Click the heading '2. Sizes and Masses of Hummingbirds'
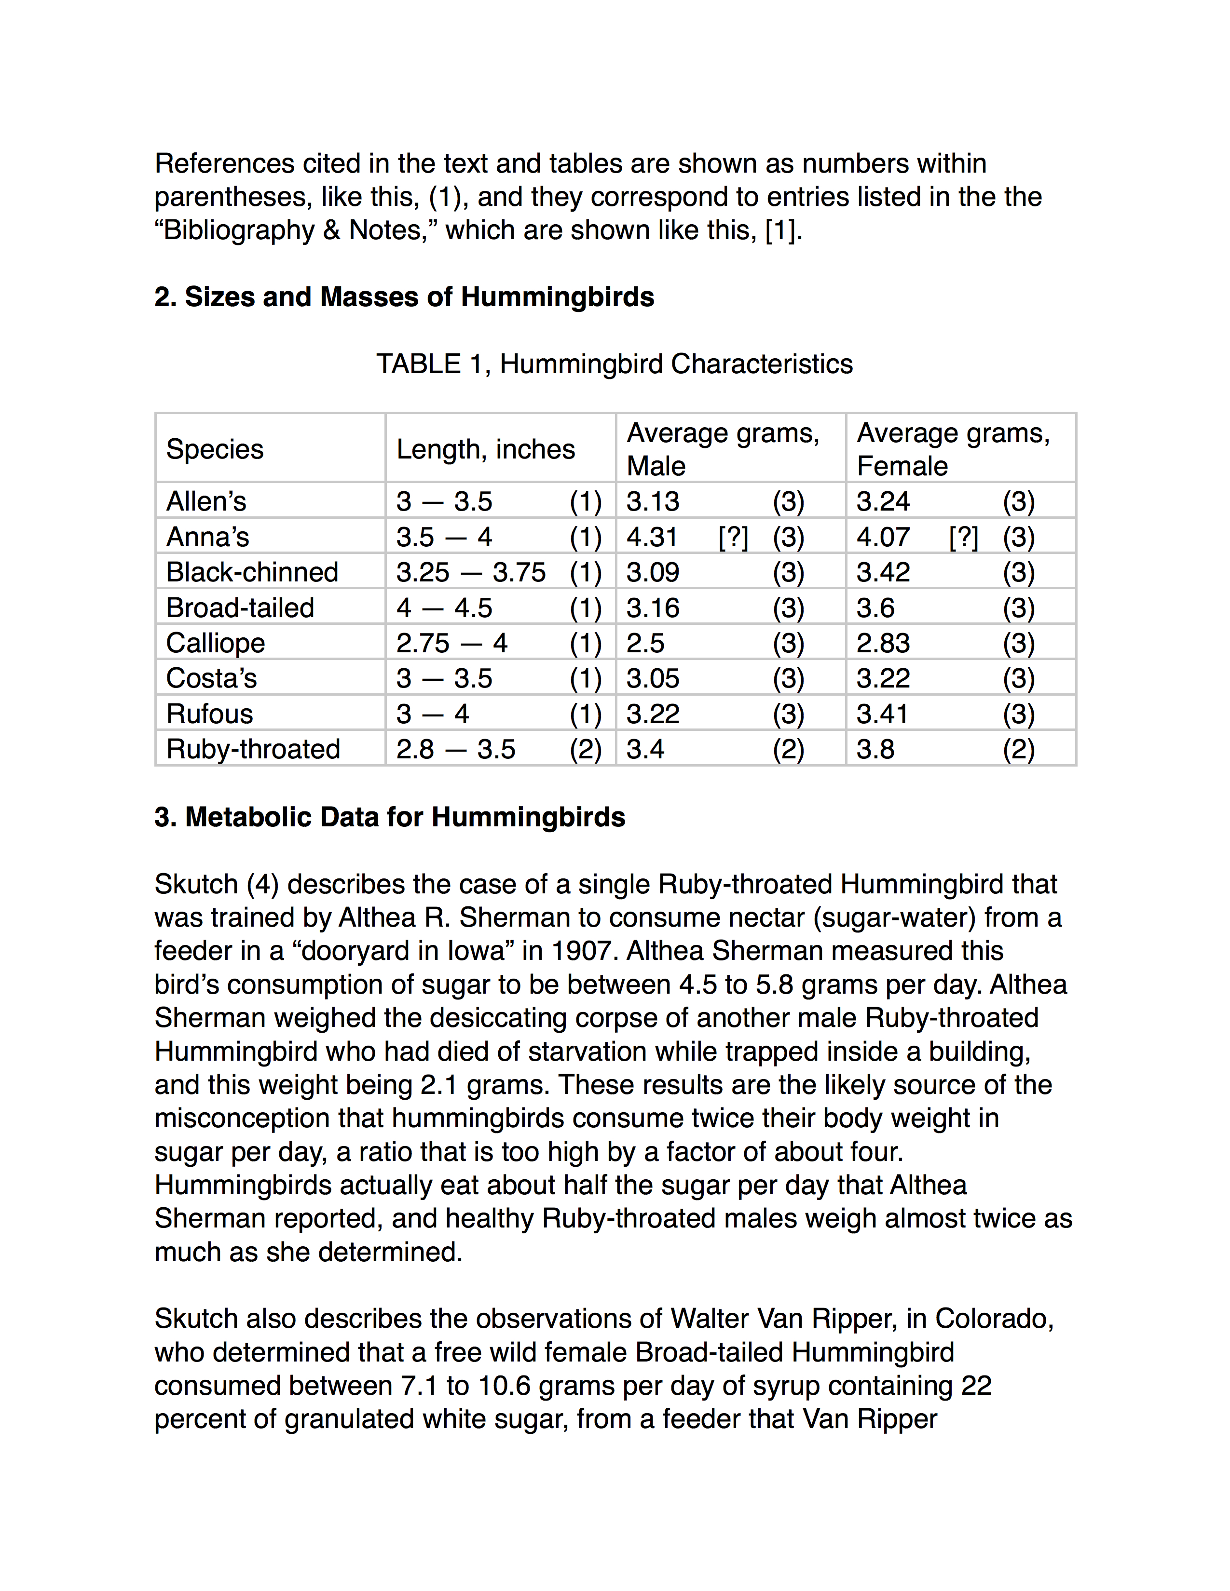404,297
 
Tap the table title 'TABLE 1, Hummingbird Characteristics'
614,364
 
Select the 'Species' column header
215,449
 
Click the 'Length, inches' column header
485,449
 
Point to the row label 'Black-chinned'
252,573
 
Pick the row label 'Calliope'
216,643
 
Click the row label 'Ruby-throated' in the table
253,750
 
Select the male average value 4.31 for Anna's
652,538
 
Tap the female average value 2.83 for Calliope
882,643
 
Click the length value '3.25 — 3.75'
471,573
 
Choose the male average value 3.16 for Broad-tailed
653,608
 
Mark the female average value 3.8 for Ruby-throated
875,750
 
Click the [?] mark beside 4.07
963,538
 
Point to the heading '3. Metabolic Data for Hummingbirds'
390,817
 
